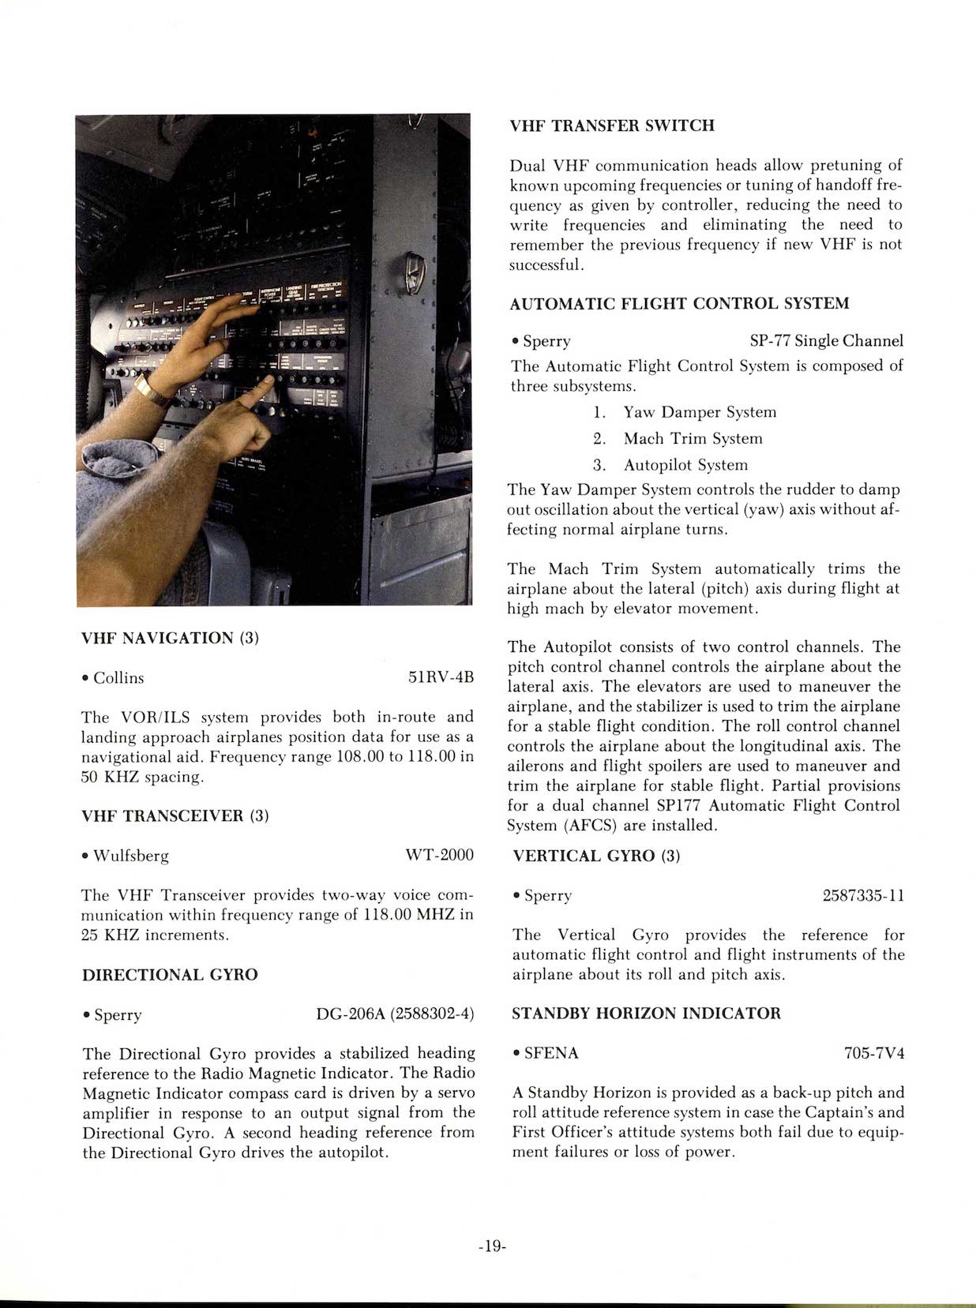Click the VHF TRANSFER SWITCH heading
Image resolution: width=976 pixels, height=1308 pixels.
[612, 126]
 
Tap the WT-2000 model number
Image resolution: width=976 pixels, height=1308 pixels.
[439, 856]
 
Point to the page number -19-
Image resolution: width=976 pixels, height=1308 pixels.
[491, 1247]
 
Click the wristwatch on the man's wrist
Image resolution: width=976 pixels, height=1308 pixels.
[153, 391]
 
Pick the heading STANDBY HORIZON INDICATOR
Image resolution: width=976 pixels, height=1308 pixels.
[646, 1014]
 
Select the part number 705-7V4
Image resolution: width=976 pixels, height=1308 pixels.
[874, 1053]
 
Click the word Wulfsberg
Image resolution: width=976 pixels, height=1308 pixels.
[131, 856]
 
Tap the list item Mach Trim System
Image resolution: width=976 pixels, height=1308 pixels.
[693, 439]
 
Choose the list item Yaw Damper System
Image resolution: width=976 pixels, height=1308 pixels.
[700, 412]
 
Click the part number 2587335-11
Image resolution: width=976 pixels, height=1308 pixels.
[863, 896]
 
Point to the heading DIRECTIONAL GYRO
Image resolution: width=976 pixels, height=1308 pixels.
[170, 975]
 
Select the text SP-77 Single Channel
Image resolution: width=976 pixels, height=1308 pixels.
[826, 341]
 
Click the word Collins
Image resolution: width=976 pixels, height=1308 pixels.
[118, 678]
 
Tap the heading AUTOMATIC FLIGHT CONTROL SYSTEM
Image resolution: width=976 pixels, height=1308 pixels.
[680, 304]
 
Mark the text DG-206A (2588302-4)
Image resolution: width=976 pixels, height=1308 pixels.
[395, 1014]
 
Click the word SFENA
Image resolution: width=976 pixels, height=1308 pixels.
[551, 1053]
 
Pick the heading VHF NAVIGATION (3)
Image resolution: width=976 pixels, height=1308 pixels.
[170, 638]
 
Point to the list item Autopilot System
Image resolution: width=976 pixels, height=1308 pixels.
[685, 465]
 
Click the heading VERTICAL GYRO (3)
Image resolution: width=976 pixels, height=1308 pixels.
[596, 856]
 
